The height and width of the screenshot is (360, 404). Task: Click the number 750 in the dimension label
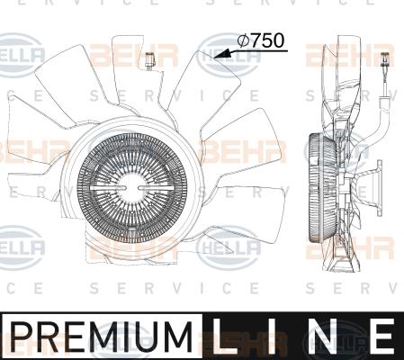267,40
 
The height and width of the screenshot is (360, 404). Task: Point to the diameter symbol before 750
243,40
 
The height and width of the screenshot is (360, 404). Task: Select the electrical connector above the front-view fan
149,61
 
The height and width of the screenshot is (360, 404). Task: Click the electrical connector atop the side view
384,60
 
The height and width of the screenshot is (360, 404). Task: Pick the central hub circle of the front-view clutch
132,187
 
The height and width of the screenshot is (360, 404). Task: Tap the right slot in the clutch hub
155,187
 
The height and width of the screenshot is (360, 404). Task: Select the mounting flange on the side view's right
379,188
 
